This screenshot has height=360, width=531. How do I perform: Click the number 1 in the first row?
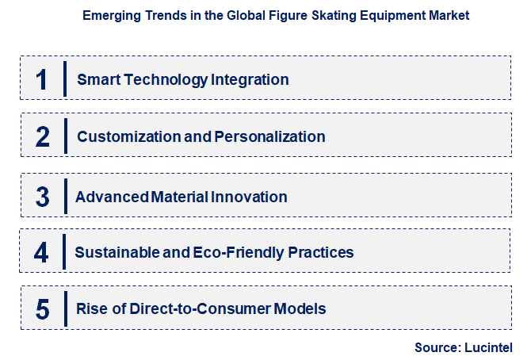42,79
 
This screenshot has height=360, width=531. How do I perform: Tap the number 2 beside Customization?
43,136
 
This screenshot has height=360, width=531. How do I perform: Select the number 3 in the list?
43,197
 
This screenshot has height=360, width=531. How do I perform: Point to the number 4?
43,252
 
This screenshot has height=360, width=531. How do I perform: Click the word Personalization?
269,136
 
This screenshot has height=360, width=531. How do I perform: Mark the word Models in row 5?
299,308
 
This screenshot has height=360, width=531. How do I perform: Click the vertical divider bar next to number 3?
66,196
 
